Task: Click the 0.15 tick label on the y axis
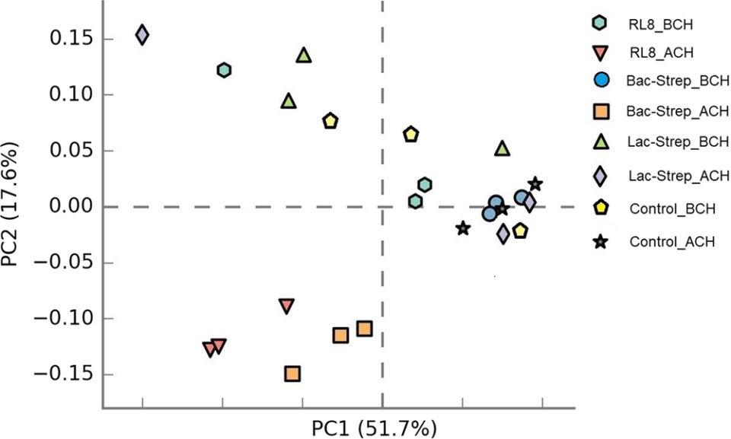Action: coord(70,39)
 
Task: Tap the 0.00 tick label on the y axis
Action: coord(70,207)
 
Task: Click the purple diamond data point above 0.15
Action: coord(142,35)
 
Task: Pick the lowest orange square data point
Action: coord(292,374)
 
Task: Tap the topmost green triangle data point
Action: coord(304,56)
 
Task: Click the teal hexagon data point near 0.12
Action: coord(224,70)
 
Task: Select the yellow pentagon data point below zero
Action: coord(520,231)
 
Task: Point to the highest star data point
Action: coord(535,184)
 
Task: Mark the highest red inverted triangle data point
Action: coord(286,306)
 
